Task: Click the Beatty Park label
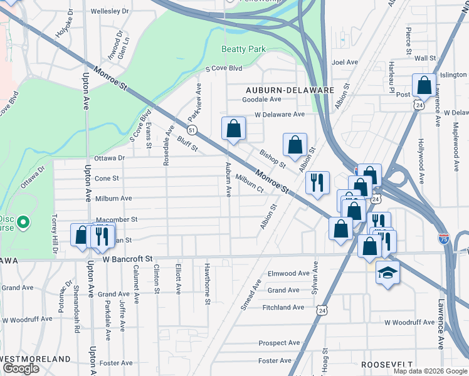pyautogui.click(x=243, y=49)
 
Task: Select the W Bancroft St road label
pyautogui.click(x=119, y=259)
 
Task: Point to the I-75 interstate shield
pyautogui.click(x=443, y=239)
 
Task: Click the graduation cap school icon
pyautogui.click(x=387, y=273)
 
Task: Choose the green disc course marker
pyautogui.click(x=23, y=222)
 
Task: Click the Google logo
pyautogui.click(x=21, y=368)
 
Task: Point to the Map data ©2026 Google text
pyautogui.click(x=429, y=371)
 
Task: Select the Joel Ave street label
pyautogui.click(x=344, y=62)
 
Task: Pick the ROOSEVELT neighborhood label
pyautogui.click(x=386, y=364)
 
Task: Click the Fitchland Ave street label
pyautogui.click(x=284, y=308)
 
